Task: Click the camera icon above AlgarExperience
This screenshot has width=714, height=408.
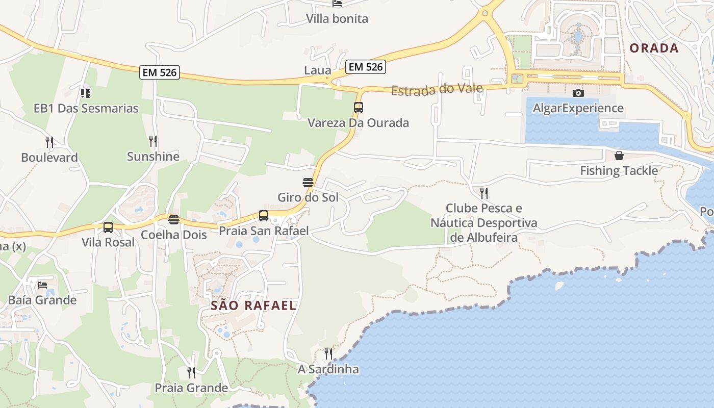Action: tap(578, 93)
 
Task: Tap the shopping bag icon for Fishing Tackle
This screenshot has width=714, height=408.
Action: tap(619, 155)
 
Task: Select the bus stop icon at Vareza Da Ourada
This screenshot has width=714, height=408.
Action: tap(359, 108)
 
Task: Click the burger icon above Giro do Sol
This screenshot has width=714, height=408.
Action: tap(308, 182)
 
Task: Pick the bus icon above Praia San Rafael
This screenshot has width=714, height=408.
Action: tap(264, 216)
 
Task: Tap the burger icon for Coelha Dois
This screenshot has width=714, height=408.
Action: tap(174, 220)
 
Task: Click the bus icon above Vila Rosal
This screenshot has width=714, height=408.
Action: tap(108, 227)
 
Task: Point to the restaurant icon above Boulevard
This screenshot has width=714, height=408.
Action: tap(49, 142)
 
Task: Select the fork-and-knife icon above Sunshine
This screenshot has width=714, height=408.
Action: tap(153, 141)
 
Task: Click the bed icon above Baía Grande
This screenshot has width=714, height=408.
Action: tap(42, 285)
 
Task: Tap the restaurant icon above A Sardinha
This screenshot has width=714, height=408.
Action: tap(328, 353)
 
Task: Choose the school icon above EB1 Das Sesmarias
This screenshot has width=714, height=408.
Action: tap(86, 93)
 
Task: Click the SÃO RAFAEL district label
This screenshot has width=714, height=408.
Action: tap(253, 305)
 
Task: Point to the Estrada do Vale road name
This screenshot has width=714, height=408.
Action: tap(437, 90)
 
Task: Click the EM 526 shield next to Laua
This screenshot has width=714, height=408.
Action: tap(365, 66)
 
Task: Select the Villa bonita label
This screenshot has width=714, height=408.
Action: tap(337, 19)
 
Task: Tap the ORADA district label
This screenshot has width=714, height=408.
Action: tap(654, 48)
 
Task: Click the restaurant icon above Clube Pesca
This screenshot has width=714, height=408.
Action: tap(483, 193)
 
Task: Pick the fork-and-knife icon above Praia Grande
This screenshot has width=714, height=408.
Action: tap(191, 372)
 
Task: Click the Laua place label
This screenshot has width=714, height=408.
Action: tap(318, 70)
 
